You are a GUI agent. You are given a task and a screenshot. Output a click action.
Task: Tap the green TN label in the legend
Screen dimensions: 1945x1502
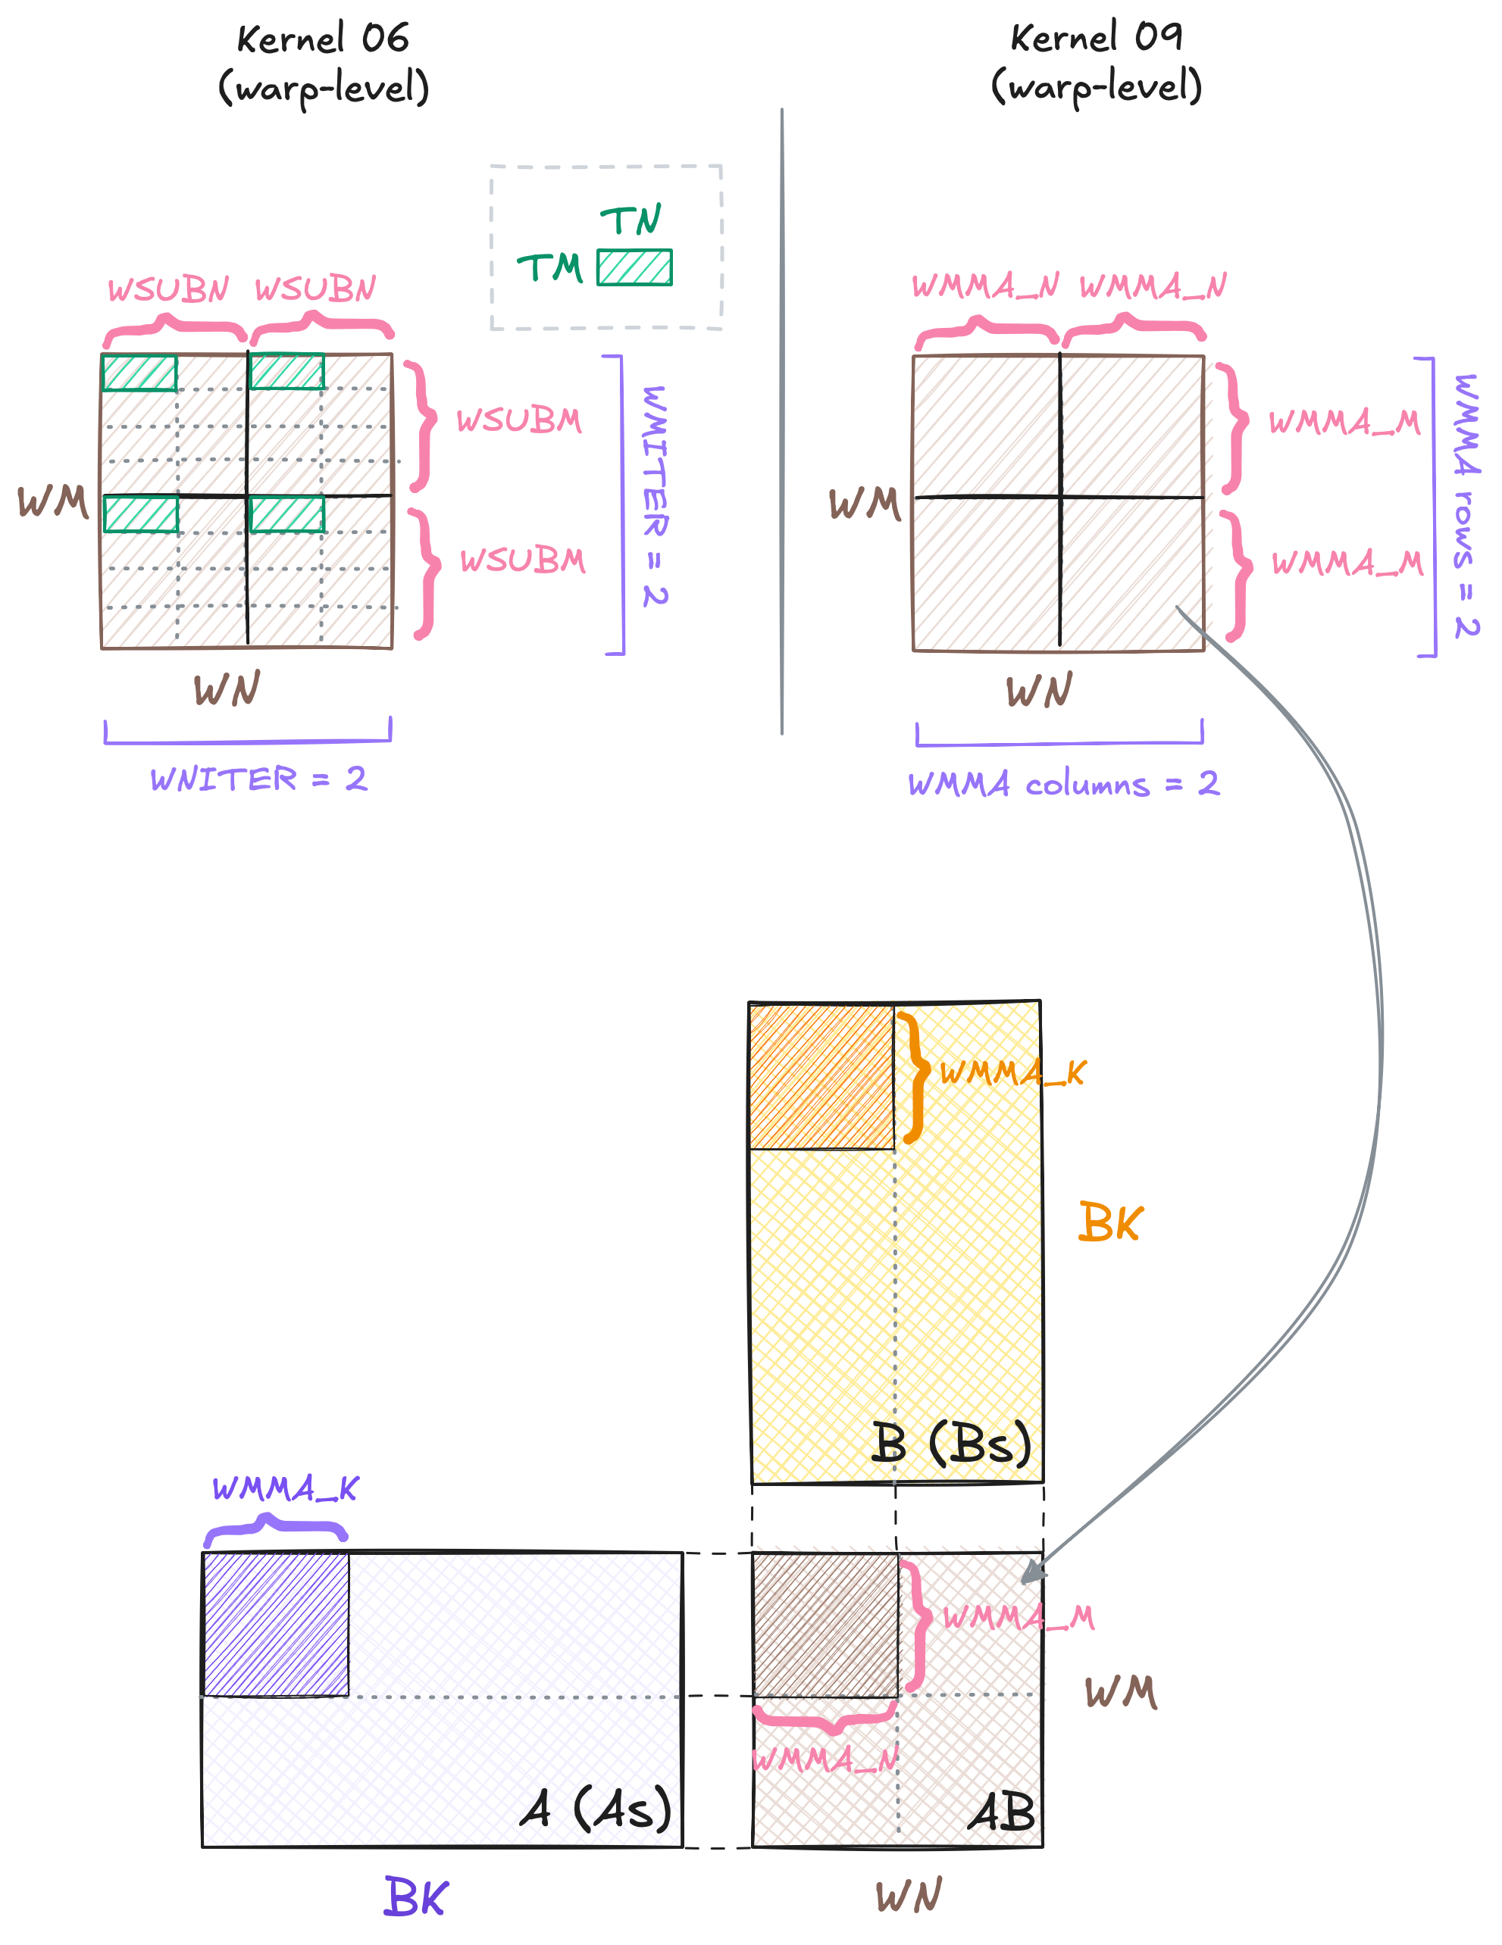[x=630, y=220]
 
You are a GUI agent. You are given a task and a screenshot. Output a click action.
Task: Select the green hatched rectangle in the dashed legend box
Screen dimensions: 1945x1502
[x=634, y=267]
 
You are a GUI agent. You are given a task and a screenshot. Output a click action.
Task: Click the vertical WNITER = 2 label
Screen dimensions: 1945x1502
[x=655, y=495]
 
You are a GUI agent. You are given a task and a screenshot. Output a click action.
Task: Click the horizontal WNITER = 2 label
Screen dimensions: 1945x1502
[x=258, y=779]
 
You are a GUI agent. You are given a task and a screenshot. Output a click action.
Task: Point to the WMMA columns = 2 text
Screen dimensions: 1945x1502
[x=1062, y=785]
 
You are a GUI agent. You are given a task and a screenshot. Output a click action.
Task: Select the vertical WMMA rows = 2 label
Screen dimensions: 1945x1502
[x=1466, y=505]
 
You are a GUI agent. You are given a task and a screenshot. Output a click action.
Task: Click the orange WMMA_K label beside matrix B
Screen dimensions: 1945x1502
[x=1013, y=1072]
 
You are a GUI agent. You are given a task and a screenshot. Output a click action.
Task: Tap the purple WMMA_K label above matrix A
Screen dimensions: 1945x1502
[x=285, y=1488]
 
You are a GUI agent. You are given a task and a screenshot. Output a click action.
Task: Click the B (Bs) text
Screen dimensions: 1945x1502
[x=950, y=1444]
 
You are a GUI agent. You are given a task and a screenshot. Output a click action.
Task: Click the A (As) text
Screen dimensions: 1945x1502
[x=596, y=1809]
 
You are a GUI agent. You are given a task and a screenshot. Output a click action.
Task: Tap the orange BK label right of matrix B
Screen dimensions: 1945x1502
[x=1109, y=1222]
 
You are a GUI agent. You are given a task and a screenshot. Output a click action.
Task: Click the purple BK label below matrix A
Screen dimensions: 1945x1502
[x=416, y=1897]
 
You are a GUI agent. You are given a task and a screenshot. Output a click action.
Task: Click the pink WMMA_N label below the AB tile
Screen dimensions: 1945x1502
[x=825, y=1759]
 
